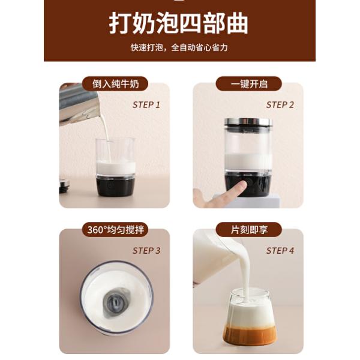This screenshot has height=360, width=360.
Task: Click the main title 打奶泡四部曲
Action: coord(178,24)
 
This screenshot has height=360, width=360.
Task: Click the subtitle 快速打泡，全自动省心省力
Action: coord(179,47)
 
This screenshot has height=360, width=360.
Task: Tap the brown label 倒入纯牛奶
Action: coord(115,84)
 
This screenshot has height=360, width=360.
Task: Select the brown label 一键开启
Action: coord(249,84)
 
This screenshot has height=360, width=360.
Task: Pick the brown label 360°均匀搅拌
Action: coord(115,230)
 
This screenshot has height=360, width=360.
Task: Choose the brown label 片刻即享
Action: coord(249,230)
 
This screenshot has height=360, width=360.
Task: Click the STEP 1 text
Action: coord(146,105)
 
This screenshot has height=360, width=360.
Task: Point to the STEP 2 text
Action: coord(280,105)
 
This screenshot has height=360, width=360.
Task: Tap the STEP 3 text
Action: coord(146,251)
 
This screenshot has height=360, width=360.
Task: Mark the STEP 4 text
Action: coord(280,251)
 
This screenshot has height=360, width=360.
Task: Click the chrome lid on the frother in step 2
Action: coord(248,122)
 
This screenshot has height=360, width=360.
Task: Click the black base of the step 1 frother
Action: coord(115,185)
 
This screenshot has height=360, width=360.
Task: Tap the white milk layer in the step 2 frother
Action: coord(248,163)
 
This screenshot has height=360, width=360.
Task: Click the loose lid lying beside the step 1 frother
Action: coord(64,185)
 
